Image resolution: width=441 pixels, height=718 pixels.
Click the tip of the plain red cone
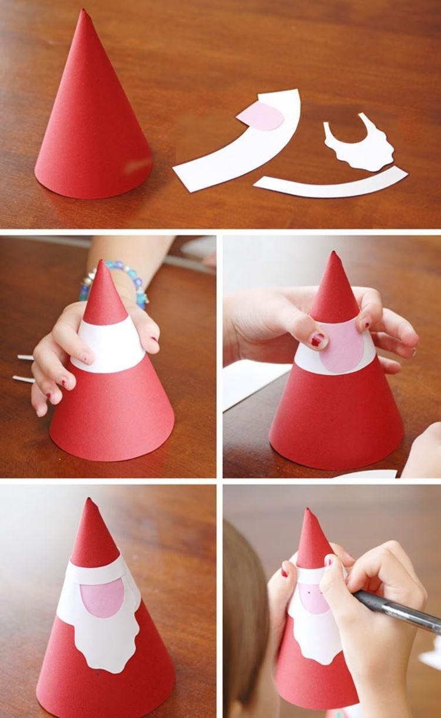[83, 12]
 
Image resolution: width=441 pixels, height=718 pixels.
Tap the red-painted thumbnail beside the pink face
[318, 340]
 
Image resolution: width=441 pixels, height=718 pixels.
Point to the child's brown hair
[244, 618]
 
